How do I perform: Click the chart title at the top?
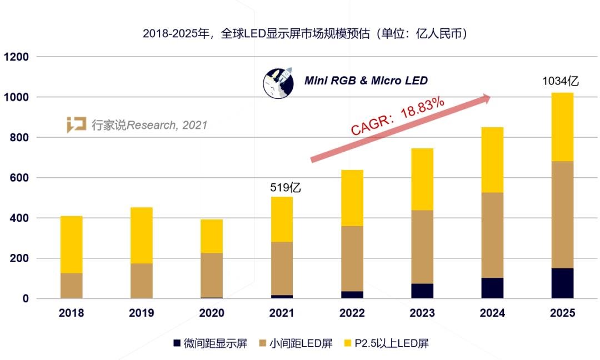click(304, 33)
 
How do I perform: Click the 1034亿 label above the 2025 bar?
click(561, 81)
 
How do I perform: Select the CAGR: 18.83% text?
click(397, 116)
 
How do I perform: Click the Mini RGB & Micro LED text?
click(366, 81)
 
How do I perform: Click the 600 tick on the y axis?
click(19, 178)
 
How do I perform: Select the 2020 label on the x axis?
click(212, 313)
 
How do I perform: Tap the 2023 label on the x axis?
click(422, 313)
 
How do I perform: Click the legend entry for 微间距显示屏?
click(211, 343)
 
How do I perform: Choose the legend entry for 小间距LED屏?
click(294, 343)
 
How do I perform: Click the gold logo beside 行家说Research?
click(76, 125)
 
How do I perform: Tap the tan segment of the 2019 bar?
click(141, 281)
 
